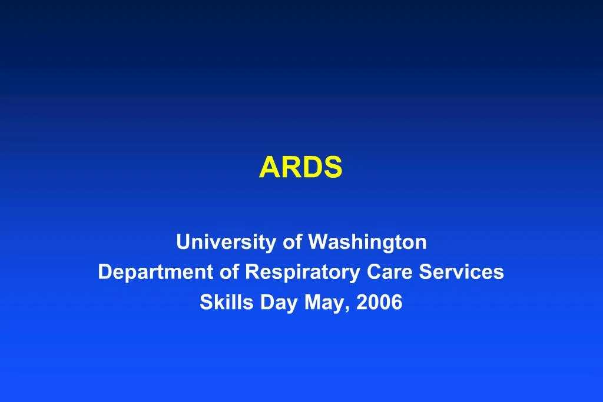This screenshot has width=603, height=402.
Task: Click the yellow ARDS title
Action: tap(300, 168)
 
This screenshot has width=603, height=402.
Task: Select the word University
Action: tap(218, 242)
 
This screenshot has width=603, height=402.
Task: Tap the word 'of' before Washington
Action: tap(293, 242)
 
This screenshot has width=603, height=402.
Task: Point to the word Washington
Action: tap(367, 242)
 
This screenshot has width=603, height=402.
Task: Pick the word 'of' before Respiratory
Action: tap(230, 273)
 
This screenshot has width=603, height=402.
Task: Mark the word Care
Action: tap(390, 273)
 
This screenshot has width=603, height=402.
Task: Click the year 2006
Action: tap(379, 303)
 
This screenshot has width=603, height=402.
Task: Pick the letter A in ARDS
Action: tap(269, 168)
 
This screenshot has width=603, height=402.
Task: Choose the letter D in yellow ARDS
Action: tap(312, 168)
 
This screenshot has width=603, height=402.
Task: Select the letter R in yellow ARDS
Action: tap(290, 168)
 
